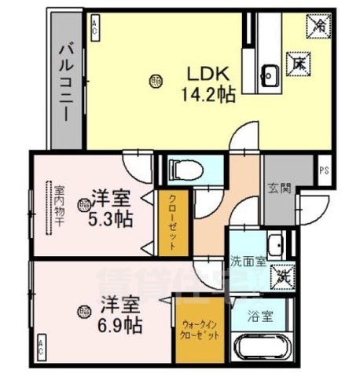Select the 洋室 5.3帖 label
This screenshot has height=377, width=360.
pyautogui.click(x=109, y=207)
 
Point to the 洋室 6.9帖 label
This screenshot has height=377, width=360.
pyautogui.click(x=120, y=311)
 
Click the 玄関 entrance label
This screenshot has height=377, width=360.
pyautogui.click(x=278, y=188)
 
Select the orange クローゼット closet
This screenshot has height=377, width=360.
pyautogui.click(x=171, y=222)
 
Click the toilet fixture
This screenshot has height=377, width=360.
pyautogui.click(x=186, y=169)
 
